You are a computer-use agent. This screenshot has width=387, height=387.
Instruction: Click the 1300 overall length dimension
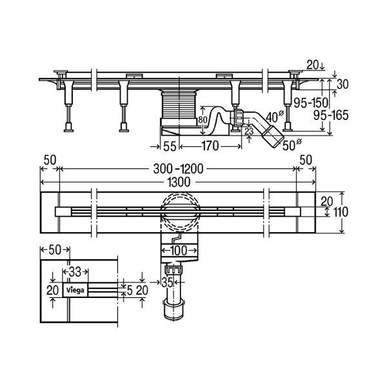tap(179, 183)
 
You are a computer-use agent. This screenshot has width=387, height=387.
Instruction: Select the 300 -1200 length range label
tap(178, 169)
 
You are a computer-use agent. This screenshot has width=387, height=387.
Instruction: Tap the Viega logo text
tap(75, 290)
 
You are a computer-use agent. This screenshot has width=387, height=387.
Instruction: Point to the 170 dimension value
tap(210, 146)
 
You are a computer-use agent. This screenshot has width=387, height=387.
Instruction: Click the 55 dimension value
tap(170, 146)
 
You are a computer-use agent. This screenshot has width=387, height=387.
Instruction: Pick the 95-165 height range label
tap(331, 115)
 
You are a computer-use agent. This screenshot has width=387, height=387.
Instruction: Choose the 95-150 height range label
tap(311, 103)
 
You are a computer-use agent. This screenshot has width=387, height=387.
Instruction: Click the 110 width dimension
tap(340, 212)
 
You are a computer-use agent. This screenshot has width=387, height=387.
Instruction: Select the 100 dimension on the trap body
tap(179, 251)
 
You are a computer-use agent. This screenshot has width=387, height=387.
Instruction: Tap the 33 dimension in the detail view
tap(75, 272)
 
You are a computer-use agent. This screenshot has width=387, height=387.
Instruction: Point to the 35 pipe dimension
tap(167, 282)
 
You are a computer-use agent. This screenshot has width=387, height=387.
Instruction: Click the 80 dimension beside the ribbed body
tap(203, 120)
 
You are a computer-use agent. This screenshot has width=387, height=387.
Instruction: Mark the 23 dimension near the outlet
tap(249, 131)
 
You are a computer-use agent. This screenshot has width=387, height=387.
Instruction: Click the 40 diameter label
tap(275, 117)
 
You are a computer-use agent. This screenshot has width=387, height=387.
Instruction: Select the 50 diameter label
tap(292, 145)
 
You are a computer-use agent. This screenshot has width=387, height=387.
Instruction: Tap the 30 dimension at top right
tap(342, 84)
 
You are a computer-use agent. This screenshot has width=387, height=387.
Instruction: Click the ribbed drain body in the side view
tap(179, 106)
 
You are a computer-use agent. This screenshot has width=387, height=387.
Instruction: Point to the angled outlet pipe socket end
tap(272, 136)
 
